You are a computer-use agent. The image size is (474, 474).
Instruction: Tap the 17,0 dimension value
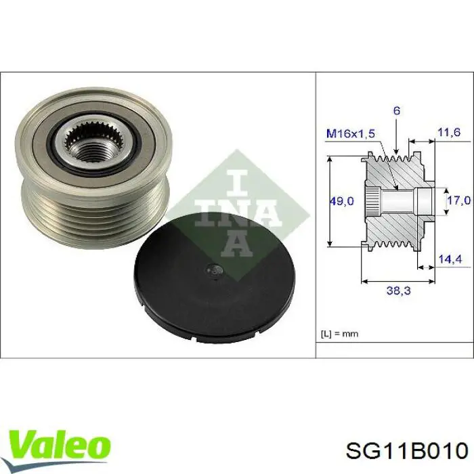pyautogui.click(x=458, y=200)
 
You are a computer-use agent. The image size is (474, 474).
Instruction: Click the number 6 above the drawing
pyautogui.click(x=397, y=110)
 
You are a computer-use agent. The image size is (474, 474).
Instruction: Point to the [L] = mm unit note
pyautogui.click(x=339, y=333)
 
